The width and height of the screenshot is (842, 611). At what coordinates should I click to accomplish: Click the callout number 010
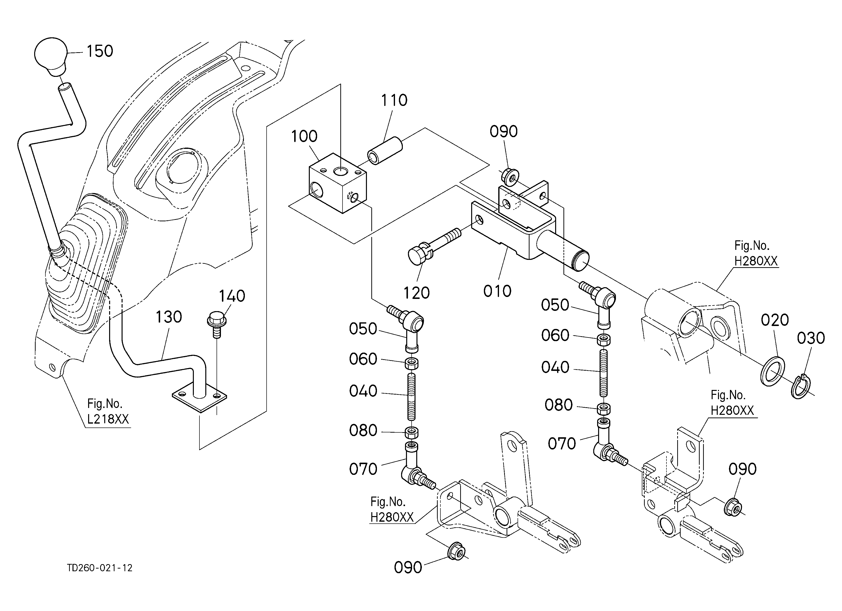498,291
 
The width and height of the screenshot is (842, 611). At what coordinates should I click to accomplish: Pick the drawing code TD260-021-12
100,568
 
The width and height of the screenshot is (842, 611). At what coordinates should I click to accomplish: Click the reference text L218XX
108,419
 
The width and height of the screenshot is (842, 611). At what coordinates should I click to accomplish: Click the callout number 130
168,317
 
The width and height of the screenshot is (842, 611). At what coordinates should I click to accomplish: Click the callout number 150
100,51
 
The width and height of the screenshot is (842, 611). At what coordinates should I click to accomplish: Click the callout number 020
775,320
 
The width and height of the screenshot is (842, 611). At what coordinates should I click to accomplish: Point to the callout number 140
232,296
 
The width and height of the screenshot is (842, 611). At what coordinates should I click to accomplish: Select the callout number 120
416,294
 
